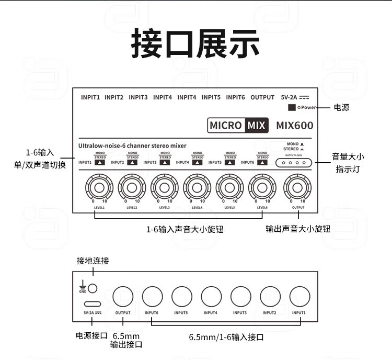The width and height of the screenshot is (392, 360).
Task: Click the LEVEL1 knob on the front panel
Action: click(x=99, y=186)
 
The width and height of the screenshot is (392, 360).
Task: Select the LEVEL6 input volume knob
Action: click(x=262, y=186)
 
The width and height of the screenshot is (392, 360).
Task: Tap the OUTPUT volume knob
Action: click(x=298, y=186)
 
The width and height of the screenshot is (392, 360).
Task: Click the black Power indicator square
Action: click(x=292, y=108)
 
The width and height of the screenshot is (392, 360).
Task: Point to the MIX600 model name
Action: click(x=295, y=126)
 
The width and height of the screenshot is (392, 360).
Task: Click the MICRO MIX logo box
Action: click(x=238, y=125)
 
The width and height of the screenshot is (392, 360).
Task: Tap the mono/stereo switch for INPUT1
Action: click(x=99, y=162)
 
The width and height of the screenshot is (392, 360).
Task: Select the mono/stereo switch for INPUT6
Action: click(x=262, y=162)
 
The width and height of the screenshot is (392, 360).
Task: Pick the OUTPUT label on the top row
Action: click(x=262, y=97)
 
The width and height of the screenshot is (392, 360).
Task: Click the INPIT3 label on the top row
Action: click(x=138, y=97)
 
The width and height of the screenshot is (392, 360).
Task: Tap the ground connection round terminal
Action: click(x=93, y=287)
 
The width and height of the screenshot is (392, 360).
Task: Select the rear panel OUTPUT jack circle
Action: click(x=123, y=296)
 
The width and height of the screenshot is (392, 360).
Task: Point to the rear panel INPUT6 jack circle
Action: click(x=152, y=296)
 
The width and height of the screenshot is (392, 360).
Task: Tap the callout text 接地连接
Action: click(x=93, y=261)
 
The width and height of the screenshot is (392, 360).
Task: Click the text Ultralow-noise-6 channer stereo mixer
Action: click(x=132, y=145)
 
